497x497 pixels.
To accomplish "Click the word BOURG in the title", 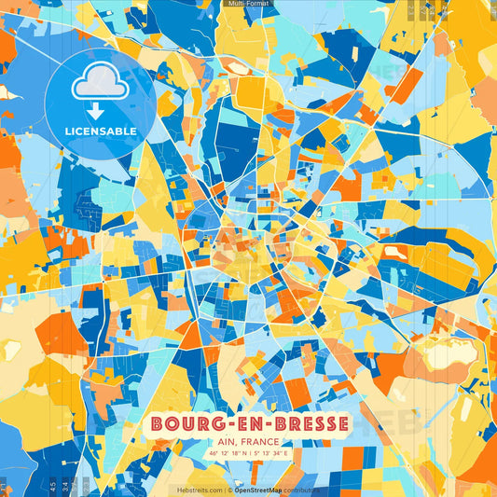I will (183, 423).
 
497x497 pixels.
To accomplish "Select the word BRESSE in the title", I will (297, 423).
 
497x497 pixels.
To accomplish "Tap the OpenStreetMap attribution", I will (260, 489).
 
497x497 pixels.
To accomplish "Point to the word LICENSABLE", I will (100, 131).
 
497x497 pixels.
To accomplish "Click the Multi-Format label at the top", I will (248, 4).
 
